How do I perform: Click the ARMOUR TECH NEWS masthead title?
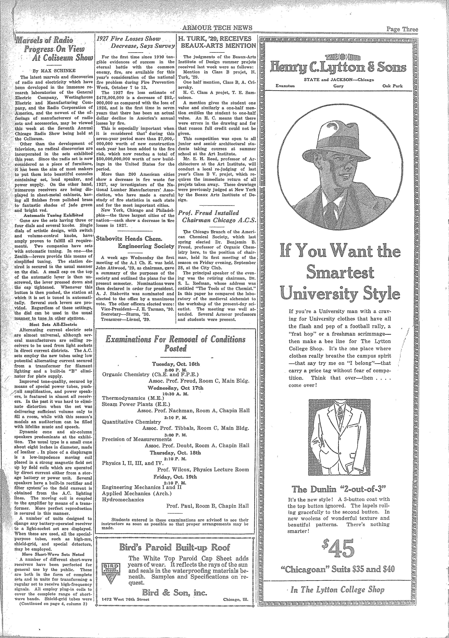click(x=217, y=27)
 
